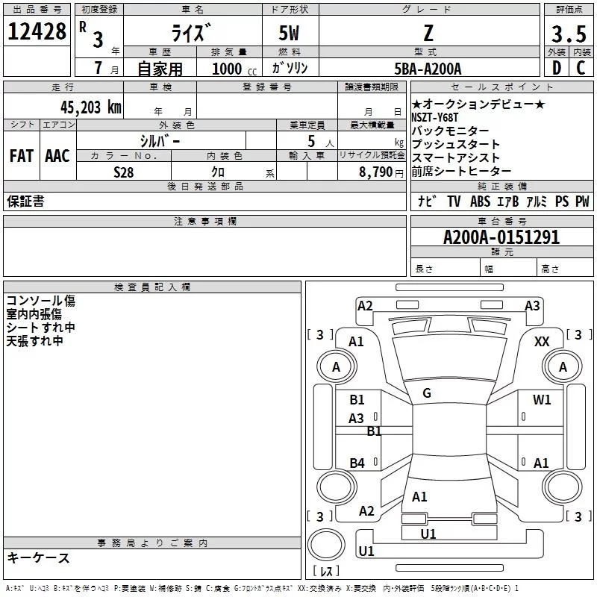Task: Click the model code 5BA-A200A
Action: tap(428, 69)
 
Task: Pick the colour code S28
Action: tap(124, 171)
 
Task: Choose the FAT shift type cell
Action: tap(21, 156)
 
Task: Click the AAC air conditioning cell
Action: tap(57, 156)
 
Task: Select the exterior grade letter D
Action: tap(556, 69)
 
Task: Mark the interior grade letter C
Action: tap(581, 69)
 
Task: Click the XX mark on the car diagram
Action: tap(543, 341)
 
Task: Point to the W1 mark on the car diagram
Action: tap(542, 400)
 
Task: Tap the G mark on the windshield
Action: tap(427, 393)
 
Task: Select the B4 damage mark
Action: tap(357, 463)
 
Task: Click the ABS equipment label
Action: tap(480, 201)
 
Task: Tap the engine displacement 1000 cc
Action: tap(231, 69)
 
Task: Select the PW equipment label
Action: tap(582, 201)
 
